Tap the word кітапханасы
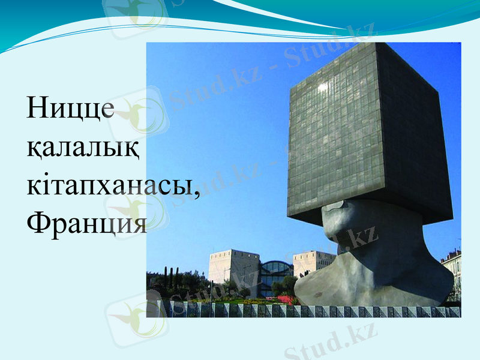pyautogui.click(x=111, y=186)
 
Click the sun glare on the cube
pyautogui.click(x=323, y=87)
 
